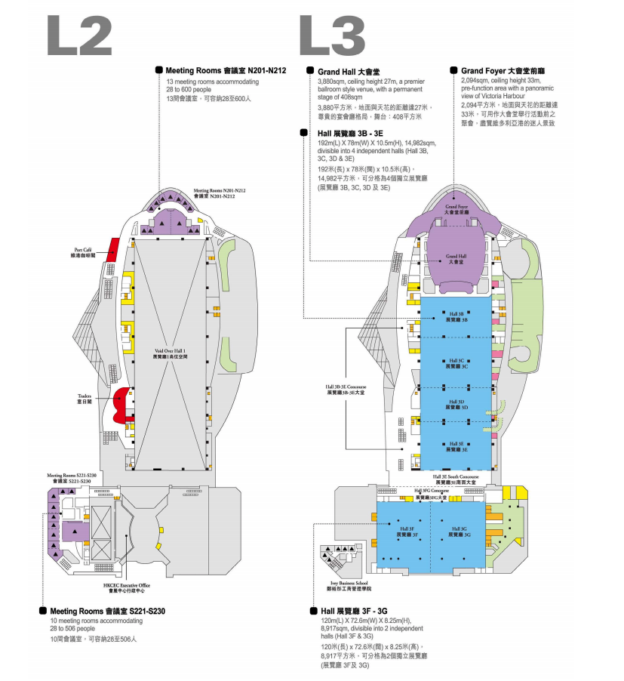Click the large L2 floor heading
[79, 35]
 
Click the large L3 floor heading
[332, 35]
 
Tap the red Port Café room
[115, 249]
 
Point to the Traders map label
[84, 398]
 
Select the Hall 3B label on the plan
[456, 316]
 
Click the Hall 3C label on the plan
[456, 363]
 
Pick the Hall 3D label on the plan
[456, 405]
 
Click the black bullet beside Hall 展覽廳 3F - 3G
[313, 610]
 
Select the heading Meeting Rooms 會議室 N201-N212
[226, 70]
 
